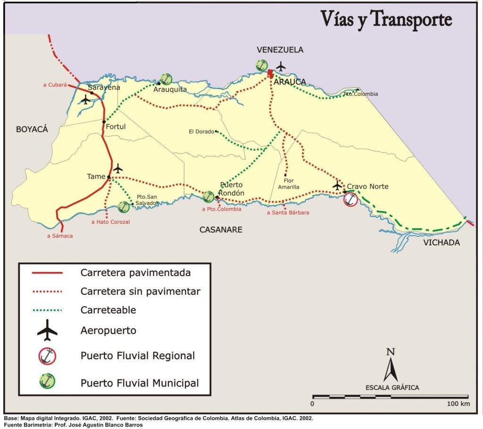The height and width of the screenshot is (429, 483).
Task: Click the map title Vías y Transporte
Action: pos(386,19)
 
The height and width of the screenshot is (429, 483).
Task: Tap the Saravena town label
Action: pos(104,87)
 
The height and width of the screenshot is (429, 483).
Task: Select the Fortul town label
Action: pos(116,126)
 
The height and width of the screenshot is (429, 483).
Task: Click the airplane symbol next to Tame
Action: pos(118,168)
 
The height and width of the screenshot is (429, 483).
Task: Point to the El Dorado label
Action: pos(201,132)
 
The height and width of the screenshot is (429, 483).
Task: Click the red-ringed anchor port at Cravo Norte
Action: pos(350,199)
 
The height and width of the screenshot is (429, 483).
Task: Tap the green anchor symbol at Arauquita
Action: pos(166,79)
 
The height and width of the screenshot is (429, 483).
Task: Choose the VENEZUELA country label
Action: pos(280,50)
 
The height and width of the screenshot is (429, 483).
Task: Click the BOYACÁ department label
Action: pos(32,129)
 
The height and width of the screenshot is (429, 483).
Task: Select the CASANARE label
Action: pos(221,230)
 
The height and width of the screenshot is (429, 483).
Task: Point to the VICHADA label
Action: pos(441,243)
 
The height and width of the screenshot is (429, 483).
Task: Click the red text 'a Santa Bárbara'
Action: pos(288,213)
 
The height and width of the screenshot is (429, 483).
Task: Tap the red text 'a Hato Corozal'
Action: pos(110,221)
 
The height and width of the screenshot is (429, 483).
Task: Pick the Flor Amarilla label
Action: pos(289,184)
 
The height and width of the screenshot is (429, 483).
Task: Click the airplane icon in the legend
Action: pos(47,330)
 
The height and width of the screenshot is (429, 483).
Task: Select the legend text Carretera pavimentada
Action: pos(135,273)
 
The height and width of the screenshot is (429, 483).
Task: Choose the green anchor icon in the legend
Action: pos(47,381)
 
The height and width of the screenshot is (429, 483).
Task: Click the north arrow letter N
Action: pos(390,351)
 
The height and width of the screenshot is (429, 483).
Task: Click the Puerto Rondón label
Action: pos(231,188)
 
